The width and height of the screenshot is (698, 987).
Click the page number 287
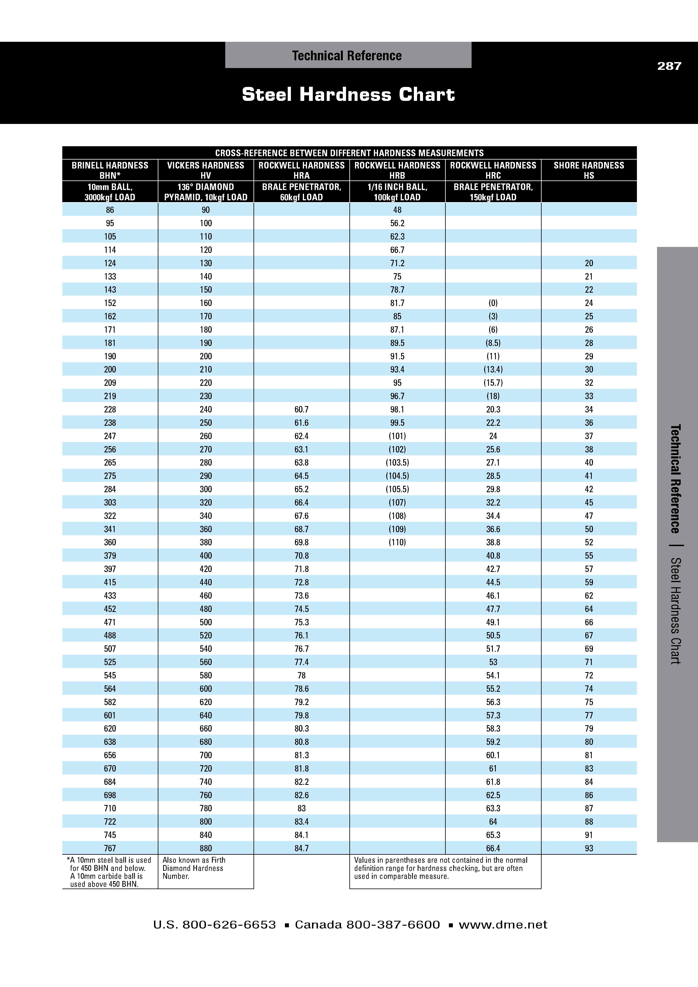coord(669,66)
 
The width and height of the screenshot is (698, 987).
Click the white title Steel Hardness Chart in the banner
coord(348,95)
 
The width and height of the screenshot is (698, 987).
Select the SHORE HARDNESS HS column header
coord(588,170)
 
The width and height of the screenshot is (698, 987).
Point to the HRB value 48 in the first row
coord(397,210)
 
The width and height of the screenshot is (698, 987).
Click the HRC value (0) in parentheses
coord(493,303)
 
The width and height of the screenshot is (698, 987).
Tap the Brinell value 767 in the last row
coord(110,848)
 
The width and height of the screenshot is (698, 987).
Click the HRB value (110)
coord(397,543)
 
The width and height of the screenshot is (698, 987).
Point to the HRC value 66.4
coord(493,848)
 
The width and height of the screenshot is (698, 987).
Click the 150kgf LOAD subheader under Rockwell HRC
coord(493,197)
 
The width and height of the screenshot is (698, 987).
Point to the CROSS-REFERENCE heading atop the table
coord(349,153)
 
